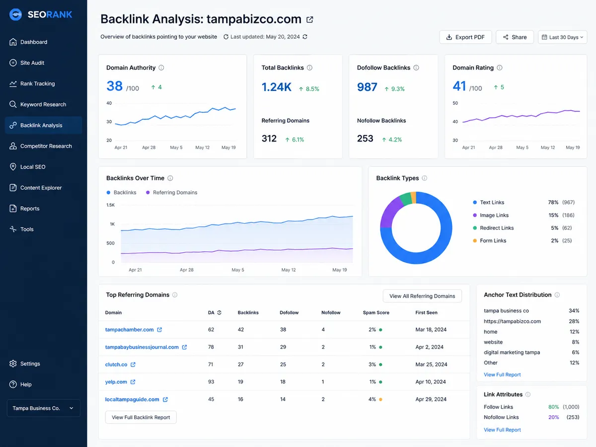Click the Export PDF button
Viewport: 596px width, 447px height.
coord(465,37)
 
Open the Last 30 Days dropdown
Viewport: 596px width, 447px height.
coord(562,37)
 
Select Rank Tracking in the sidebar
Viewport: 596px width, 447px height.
coord(37,83)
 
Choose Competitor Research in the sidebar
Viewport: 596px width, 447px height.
coord(46,146)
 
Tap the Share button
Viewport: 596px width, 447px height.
coord(515,37)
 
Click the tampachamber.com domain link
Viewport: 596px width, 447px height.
coord(129,329)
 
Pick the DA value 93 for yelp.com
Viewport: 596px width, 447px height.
coord(211,381)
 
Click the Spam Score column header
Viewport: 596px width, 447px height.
coord(376,312)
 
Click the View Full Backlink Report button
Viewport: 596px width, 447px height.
coord(141,417)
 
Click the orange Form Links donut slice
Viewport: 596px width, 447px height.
coord(414,197)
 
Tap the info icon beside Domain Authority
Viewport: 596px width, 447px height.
coord(161,68)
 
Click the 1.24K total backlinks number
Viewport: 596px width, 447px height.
coord(277,87)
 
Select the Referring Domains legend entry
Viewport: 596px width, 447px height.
coord(172,192)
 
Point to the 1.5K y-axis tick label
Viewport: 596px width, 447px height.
coord(111,205)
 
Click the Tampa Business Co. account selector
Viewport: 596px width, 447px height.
coord(43,408)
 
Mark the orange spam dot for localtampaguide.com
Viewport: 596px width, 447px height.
coord(380,399)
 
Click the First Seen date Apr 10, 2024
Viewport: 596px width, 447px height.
coord(431,381)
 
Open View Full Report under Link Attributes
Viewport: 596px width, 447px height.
coord(502,430)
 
